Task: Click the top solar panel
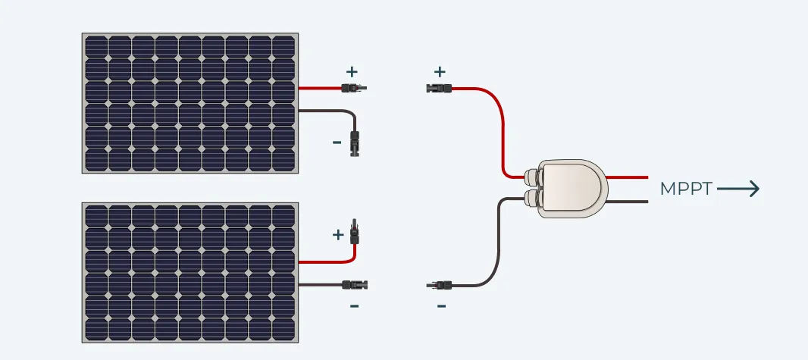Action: [189, 103]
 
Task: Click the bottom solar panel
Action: [189, 273]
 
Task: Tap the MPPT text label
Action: [686, 189]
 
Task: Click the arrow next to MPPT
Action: [738, 189]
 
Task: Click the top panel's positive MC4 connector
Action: [353, 89]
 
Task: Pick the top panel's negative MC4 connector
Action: [354, 142]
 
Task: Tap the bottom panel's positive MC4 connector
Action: [353, 230]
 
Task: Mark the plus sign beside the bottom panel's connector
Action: [338, 235]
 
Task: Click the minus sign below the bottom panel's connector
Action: [354, 305]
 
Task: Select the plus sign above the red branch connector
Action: [440, 72]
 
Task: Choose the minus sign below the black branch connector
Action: [441, 306]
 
